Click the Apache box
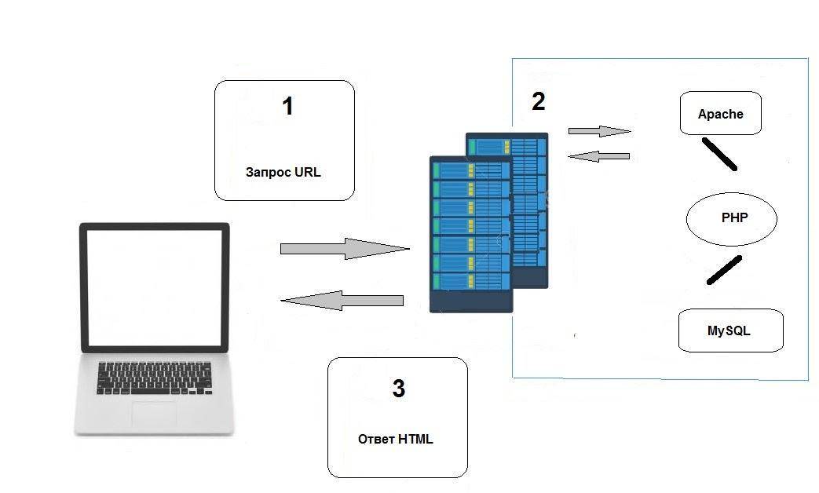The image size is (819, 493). click(721, 114)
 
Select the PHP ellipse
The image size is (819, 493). click(732, 219)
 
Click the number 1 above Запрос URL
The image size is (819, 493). click(287, 106)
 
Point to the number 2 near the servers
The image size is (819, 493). click(538, 101)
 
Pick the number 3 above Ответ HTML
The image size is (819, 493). click(398, 388)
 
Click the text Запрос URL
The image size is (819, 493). click(283, 173)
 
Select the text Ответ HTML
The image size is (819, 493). click(395, 439)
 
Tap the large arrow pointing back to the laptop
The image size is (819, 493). click(342, 300)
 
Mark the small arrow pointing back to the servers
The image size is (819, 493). click(598, 156)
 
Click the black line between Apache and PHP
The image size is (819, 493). click(718, 155)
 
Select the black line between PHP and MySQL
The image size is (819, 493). click(724, 270)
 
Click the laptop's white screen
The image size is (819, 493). click(154, 287)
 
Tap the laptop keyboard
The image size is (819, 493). click(155, 378)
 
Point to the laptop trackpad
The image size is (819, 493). click(154, 414)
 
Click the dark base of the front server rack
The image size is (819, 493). click(471, 301)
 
